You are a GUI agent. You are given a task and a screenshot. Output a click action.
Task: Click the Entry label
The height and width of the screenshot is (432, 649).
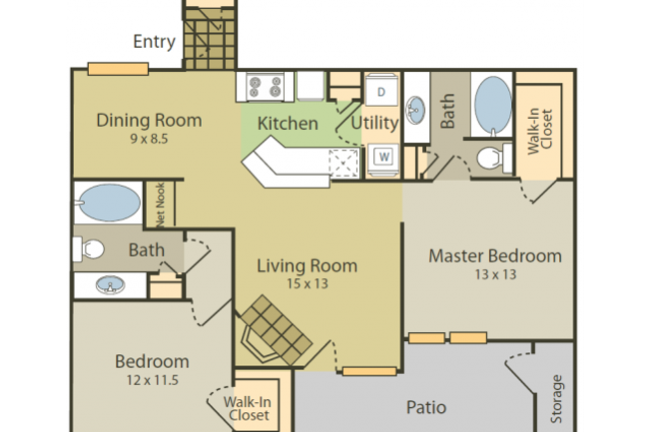(154, 43)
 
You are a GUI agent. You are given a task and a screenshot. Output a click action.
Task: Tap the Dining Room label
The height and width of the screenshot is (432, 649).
(149, 121)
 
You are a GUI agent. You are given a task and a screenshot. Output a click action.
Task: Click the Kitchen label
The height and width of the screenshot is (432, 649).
(288, 124)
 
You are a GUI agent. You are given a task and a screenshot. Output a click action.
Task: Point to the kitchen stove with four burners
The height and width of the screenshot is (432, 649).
(265, 87)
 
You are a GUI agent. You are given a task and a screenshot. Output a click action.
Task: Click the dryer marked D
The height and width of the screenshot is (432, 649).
(381, 91)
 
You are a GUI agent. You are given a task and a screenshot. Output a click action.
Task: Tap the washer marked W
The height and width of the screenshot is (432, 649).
(382, 156)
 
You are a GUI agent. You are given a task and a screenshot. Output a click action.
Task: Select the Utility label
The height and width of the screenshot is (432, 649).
(374, 123)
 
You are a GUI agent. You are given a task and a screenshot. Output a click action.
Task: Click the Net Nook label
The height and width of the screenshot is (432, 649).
(158, 204)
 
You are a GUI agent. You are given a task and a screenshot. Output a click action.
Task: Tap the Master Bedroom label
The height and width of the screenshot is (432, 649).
(494, 255)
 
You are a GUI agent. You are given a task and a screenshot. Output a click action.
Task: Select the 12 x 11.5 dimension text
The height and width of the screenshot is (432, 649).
(151, 380)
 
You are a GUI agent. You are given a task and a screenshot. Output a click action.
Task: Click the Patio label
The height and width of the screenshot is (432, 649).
(424, 407)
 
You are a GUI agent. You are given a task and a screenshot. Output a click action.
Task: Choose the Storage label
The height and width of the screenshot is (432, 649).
(557, 399)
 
